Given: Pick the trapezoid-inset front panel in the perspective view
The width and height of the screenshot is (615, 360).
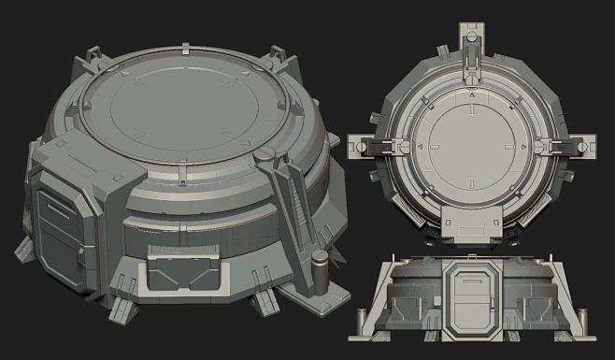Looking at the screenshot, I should [x=184, y=272].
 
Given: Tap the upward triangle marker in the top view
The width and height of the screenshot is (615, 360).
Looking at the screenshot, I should [x=472, y=95].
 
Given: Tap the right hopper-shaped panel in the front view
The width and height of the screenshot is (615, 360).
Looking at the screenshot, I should [x=534, y=308].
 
